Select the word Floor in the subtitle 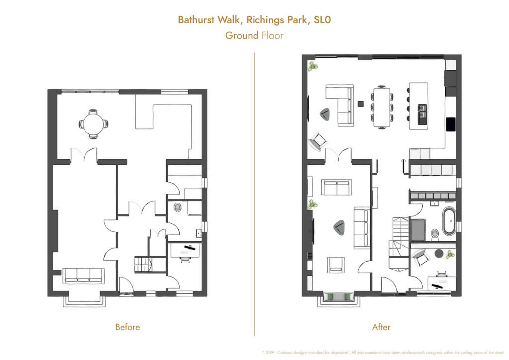tap(272, 35)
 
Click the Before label tap(127, 327)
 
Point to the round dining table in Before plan tap(92, 123)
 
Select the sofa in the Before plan tap(84, 275)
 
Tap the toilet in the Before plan tap(177, 207)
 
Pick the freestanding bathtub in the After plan tap(448, 221)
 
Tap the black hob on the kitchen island tap(422, 114)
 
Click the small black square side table tap(361, 104)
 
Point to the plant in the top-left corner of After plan tap(313, 65)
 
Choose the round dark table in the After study tap(439, 254)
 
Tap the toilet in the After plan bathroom tap(435, 233)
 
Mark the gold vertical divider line tap(254, 194)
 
